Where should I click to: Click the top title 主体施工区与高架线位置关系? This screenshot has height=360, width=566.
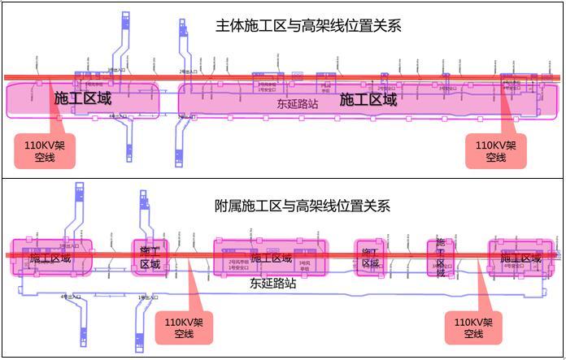(308, 27)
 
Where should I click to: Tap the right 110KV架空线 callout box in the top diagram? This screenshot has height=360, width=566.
(495, 151)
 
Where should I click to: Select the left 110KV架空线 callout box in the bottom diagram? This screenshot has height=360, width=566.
(184, 328)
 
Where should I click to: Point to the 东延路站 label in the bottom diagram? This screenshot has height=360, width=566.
(272, 284)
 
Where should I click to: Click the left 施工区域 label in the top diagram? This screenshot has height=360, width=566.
(82, 98)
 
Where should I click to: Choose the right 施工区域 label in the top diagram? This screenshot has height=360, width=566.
(368, 100)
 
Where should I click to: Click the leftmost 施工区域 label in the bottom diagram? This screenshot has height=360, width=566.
(50, 258)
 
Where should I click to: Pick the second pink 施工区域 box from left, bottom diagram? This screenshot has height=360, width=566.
(150, 258)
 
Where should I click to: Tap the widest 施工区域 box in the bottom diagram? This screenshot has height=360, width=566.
(270, 258)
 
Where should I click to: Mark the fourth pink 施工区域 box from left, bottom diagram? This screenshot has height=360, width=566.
(370, 258)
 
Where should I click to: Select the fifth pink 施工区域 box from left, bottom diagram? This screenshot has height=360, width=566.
(440, 258)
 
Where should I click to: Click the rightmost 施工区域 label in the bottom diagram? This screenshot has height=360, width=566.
(521, 258)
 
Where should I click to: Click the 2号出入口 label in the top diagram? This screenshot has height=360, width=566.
(186, 72)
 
